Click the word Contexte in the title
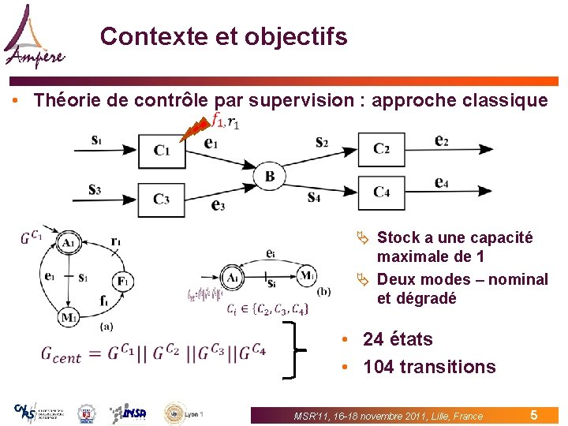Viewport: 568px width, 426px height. coord(143,36)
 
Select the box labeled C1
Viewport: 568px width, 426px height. coord(161,150)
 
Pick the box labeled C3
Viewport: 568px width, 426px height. coord(161,199)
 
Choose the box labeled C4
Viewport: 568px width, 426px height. coord(382,192)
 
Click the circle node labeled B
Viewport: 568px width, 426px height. coord(270,175)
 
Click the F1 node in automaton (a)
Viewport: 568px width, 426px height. coord(122,280)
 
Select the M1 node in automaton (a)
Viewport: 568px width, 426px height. coord(69,317)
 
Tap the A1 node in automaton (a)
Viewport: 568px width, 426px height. coord(69,244)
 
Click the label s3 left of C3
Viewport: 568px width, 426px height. coord(95,189)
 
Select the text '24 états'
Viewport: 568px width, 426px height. coord(398,339)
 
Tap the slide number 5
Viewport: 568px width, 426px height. coord(534,414)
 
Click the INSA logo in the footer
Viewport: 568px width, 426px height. coord(128,413)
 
